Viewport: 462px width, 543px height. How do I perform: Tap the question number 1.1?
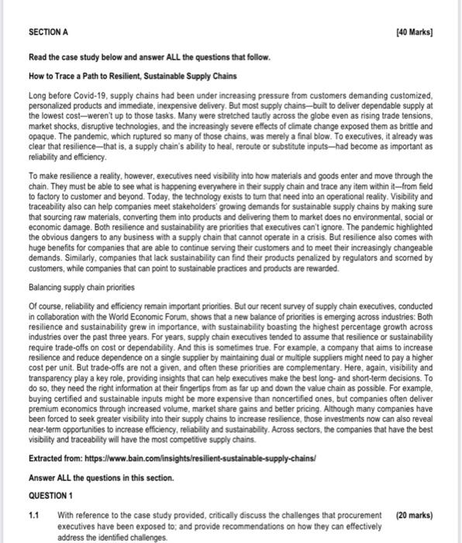point(33,494)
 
